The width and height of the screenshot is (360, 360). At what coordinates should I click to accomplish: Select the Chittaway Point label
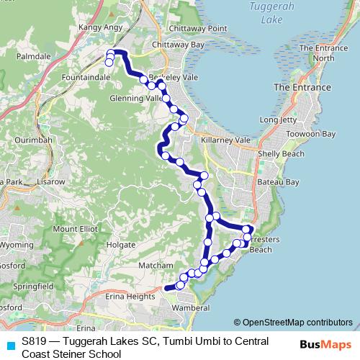pyautogui.click(x=197, y=28)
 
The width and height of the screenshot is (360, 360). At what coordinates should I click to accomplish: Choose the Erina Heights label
pyautogui.click(x=130, y=296)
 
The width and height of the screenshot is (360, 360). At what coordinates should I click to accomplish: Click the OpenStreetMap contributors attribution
pyautogui.click(x=292, y=322)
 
